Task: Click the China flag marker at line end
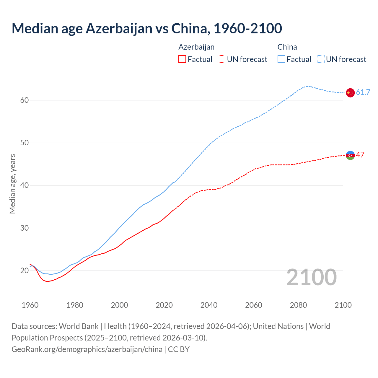(x=350, y=93)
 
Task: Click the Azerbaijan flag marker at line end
(x=350, y=155)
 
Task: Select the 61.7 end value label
(x=363, y=92)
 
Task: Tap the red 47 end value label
(x=360, y=155)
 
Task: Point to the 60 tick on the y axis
(x=25, y=100)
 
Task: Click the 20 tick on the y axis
(x=25, y=271)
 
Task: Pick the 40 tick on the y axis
(x=25, y=185)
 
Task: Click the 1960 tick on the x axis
(x=30, y=305)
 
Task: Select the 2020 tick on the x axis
(x=164, y=305)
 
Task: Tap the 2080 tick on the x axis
(x=298, y=305)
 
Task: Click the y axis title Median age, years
(x=12, y=184)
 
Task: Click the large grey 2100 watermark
(x=311, y=277)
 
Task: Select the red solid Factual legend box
(x=182, y=59)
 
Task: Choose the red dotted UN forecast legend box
(x=221, y=59)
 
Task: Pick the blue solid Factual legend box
(x=281, y=59)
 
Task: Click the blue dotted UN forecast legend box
(x=320, y=59)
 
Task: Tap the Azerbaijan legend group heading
(x=196, y=47)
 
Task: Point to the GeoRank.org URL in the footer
(x=87, y=349)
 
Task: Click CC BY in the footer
(x=179, y=349)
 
